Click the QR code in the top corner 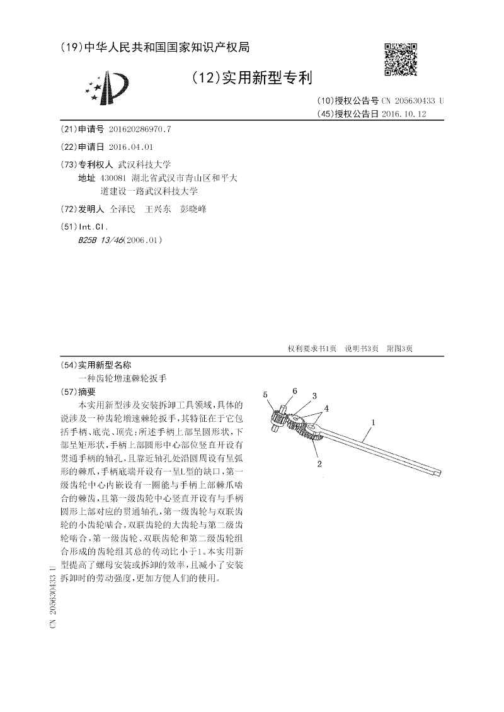pyautogui.click(x=401, y=59)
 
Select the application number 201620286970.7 pyautogui.click(x=139, y=129)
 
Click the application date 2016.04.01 pyautogui.click(x=130, y=146)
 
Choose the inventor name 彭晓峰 pyautogui.click(x=193, y=209)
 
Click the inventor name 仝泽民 pyautogui.click(x=122, y=209)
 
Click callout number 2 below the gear pyautogui.click(x=320, y=464)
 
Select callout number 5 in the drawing pyautogui.click(x=266, y=395)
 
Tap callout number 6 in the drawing pyautogui.click(x=294, y=391)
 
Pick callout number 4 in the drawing pyautogui.click(x=326, y=408)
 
